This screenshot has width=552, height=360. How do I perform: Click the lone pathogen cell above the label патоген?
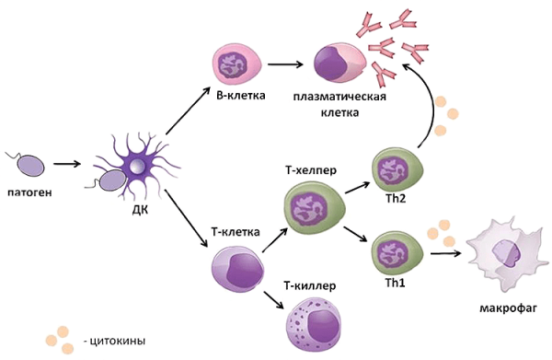point(30,165)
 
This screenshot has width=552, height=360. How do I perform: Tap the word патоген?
point(28,194)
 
